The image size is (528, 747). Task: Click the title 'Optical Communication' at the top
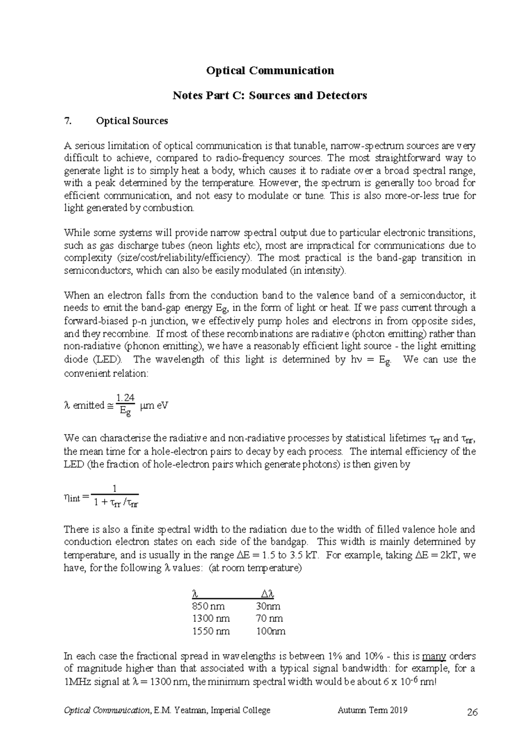(x=270, y=70)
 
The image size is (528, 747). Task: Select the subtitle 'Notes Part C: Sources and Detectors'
(x=270, y=95)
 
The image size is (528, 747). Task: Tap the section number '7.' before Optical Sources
(x=67, y=121)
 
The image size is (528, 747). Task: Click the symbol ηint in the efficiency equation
(x=72, y=498)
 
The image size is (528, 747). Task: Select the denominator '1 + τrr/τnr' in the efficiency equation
(x=116, y=503)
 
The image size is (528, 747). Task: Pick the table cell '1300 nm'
(x=211, y=619)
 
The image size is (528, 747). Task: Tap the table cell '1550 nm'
(x=211, y=631)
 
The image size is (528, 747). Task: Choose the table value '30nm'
(x=268, y=606)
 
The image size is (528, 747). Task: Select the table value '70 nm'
(x=269, y=619)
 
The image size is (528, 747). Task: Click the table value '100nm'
(x=271, y=631)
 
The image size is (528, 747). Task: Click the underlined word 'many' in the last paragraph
(x=434, y=656)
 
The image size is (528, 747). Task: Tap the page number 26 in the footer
(x=472, y=713)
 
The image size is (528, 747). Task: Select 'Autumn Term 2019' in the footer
(x=372, y=710)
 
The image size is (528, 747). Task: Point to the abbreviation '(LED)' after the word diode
(x=106, y=359)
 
